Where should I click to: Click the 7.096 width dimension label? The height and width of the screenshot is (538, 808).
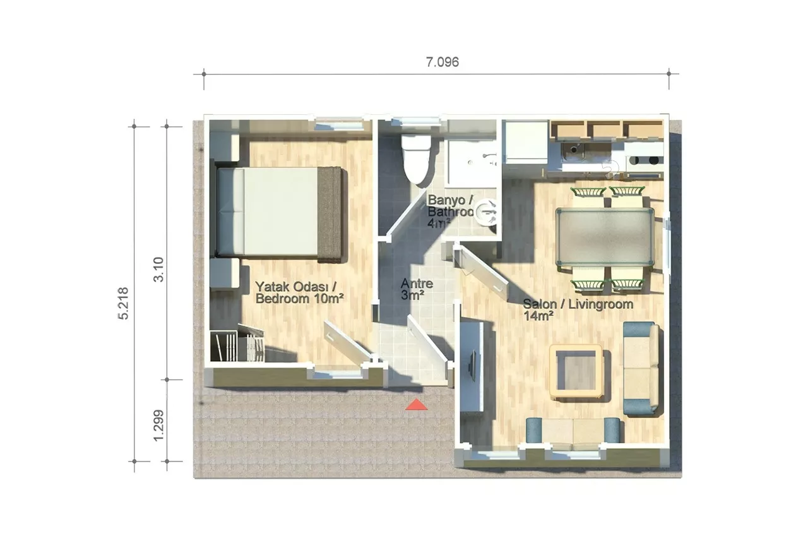click(443, 62)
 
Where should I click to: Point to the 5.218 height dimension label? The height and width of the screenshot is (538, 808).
click(123, 304)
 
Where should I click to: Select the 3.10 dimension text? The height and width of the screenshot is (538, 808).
click(158, 270)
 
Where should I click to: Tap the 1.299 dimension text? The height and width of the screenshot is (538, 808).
click(158, 426)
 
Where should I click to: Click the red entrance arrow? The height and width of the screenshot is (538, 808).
click(416, 405)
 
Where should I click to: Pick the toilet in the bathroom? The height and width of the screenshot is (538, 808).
click(416, 158)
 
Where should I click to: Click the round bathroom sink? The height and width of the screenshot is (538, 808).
click(485, 212)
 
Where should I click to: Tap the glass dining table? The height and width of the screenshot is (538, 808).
click(605, 237)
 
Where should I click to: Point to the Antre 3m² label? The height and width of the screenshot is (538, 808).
click(417, 289)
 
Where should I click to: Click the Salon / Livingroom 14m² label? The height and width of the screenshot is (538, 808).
click(578, 309)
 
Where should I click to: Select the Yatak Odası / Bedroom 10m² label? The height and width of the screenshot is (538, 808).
click(299, 292)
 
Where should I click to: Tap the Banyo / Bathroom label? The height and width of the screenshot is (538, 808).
click(450, 206)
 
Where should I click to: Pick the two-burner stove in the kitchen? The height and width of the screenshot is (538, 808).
click(645, 160)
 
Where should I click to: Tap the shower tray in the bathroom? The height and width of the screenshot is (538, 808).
click(472, 163)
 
